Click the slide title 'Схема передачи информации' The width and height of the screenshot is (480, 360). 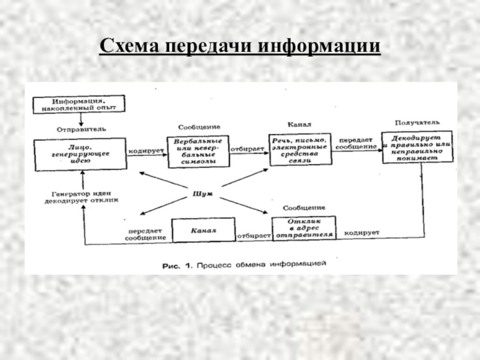click(240, 47)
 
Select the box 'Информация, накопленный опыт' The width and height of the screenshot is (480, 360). click(79, 104)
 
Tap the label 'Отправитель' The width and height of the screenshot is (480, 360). click(82, 129)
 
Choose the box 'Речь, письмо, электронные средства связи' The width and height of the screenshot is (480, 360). click(299, 149)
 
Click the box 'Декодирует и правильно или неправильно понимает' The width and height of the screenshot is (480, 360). click(416, 147)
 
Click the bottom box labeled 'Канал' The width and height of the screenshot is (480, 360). click(203, 230)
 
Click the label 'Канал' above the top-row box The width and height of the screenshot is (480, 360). click(298, 125)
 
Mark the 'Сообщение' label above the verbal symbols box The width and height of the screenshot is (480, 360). click(199, 127)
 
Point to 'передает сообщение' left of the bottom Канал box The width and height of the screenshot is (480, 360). click(145, 234)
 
